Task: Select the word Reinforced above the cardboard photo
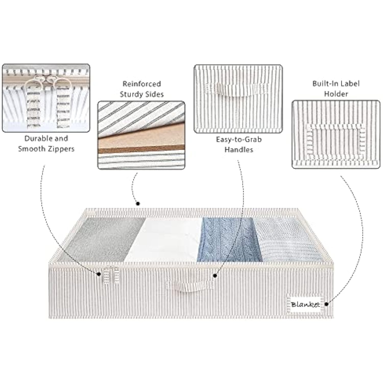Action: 142,84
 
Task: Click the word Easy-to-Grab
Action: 239,140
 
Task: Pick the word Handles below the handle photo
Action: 239,150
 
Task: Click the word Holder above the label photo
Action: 336,94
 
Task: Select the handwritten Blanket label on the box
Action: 305,304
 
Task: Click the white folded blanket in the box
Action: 163,240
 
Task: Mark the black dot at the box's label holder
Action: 326,304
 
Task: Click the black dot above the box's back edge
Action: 138,204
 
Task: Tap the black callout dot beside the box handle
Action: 215,276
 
